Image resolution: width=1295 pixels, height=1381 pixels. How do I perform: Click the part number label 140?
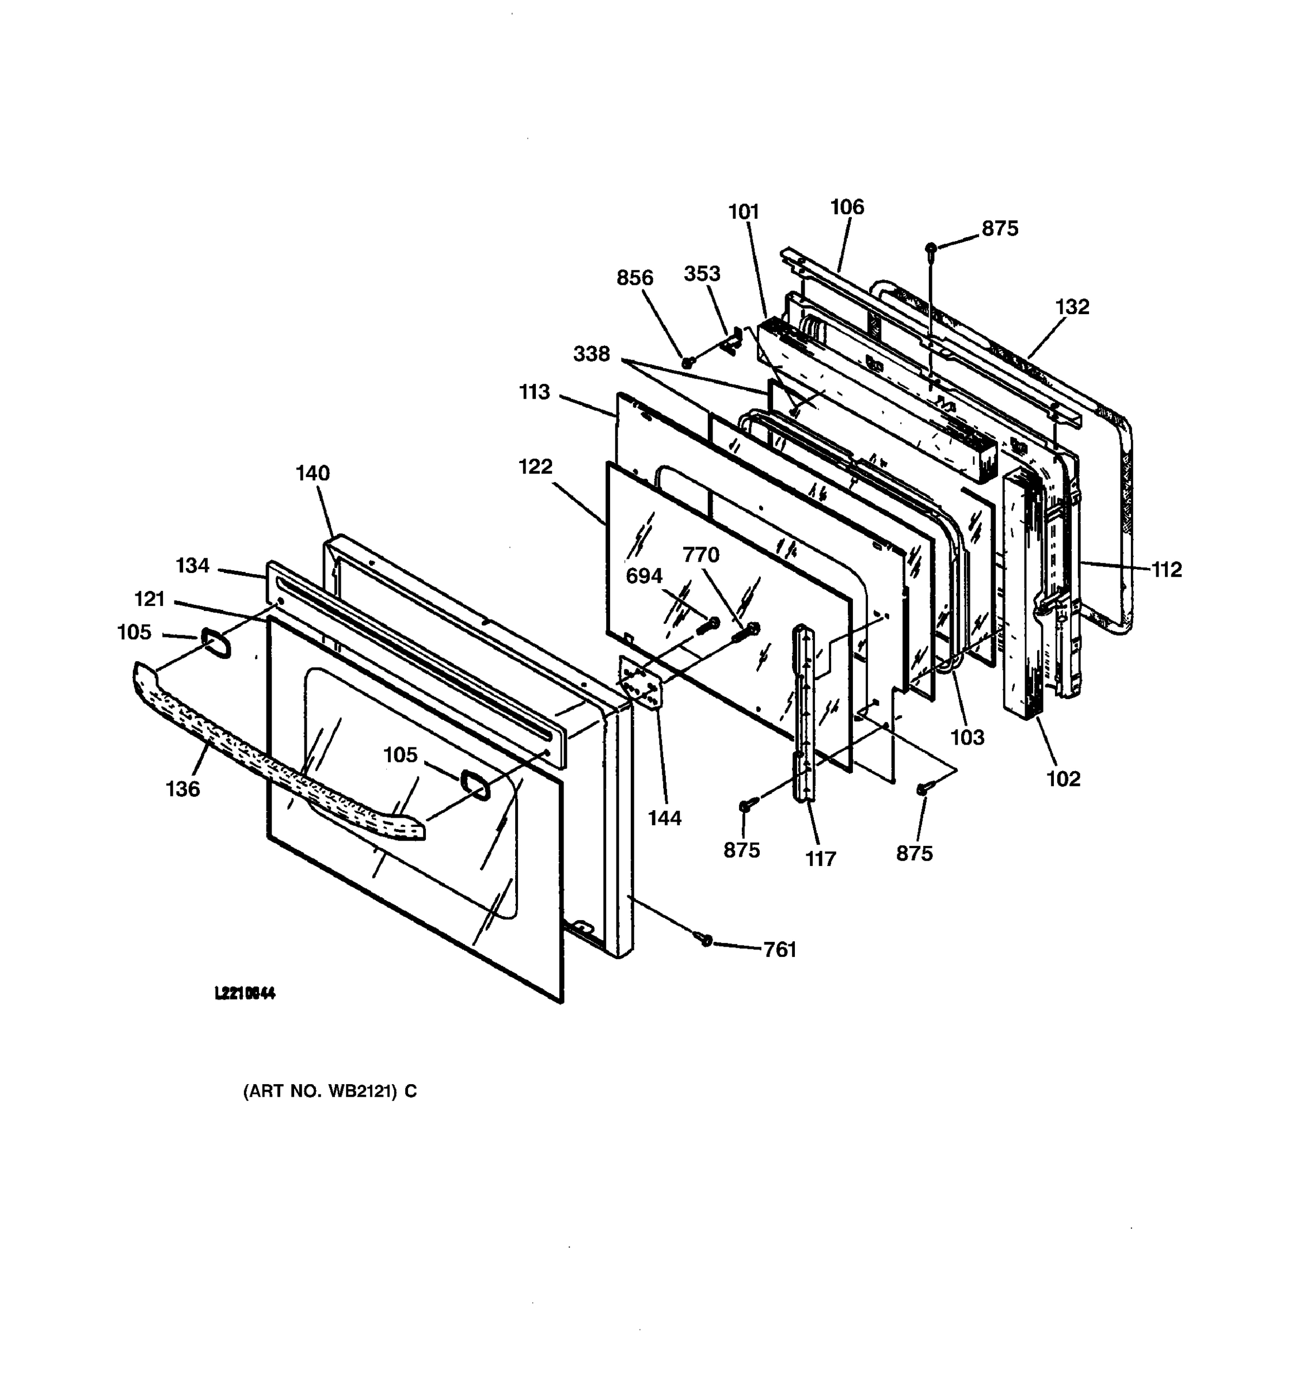(x=313, y=473)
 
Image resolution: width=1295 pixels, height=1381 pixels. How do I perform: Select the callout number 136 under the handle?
(x=182, y=789)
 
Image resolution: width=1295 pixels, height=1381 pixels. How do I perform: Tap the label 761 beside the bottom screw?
(x=779, y=949)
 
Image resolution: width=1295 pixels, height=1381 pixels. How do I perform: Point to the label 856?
(x=634, y=278)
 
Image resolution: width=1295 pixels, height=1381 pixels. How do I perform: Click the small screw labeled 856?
(x=687, y=362)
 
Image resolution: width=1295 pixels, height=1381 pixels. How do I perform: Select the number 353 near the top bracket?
(x=702, y=274)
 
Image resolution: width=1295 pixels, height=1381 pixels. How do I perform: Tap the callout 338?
(x=591, y=354)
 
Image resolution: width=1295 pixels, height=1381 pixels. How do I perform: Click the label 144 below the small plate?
(x=664, y=818)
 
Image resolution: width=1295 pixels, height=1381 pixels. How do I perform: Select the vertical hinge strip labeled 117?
(x=802, y=712)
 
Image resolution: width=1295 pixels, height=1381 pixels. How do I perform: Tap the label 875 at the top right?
(x=999, y=228)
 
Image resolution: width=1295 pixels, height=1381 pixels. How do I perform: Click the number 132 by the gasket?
(x=1072, y=306)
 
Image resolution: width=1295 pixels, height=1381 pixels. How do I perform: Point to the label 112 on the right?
(x=1167, y=570)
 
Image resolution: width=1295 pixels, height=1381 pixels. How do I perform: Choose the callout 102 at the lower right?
(x=1063, y=779)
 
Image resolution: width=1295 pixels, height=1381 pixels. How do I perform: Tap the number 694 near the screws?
(x=643, y=576)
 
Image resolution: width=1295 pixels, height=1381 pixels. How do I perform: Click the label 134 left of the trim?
(x=192, y=566)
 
